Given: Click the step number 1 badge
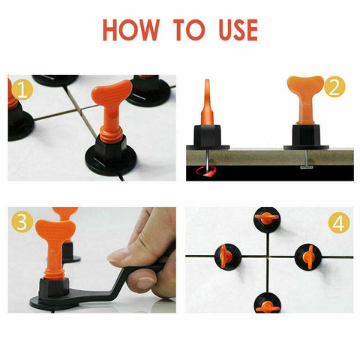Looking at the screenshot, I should (x=22, y=90).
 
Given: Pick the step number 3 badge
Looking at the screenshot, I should (x=22, y=223).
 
